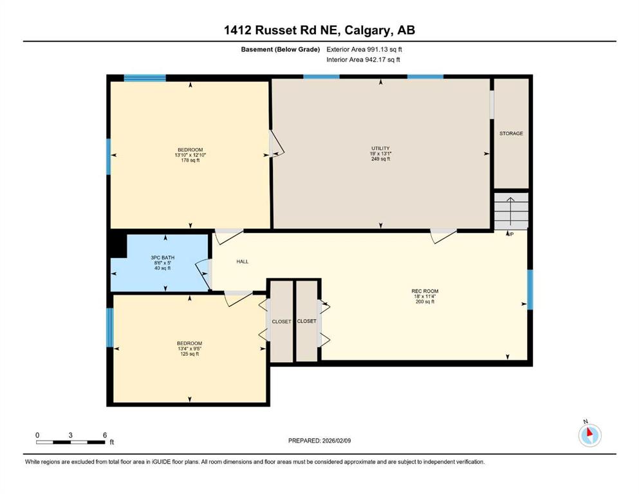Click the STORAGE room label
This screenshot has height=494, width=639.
(511, 134)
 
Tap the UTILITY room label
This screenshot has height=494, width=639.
(380, 148)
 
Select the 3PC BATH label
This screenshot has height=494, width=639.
(163, 257)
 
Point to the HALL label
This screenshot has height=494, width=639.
(243, 261)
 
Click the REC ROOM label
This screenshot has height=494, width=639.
(425, 291)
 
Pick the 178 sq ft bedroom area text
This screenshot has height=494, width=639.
(190, 160)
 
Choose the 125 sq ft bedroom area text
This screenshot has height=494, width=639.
(189, 354)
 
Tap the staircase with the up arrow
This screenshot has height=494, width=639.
(511, 211)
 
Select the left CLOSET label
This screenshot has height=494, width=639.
(282, 322)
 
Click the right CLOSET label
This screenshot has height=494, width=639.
(306, 322)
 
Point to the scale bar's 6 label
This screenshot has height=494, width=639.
(105, 435)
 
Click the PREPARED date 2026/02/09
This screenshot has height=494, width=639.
(337, 441)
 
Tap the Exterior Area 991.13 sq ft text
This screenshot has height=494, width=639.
(364, 50)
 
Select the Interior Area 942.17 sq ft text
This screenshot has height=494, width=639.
(363, 59)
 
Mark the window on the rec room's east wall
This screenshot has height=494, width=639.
(530, 289)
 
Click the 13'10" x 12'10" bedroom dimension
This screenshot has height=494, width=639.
(190, 155)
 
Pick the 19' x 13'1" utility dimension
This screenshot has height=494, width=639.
(380, 154)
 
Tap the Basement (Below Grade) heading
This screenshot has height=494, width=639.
(281, 50)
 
